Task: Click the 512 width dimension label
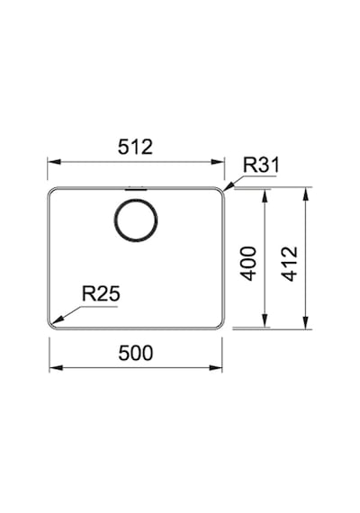click(135, 147)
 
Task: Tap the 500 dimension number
click(136, 353)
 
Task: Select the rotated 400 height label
click(248, 264)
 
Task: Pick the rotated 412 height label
click(290, 264)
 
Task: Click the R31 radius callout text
click(261, 165)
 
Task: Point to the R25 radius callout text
click(101, 293)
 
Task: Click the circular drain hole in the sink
click(136, 220)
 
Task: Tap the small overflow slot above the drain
click(136, 189)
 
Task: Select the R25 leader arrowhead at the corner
click(57, 320)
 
